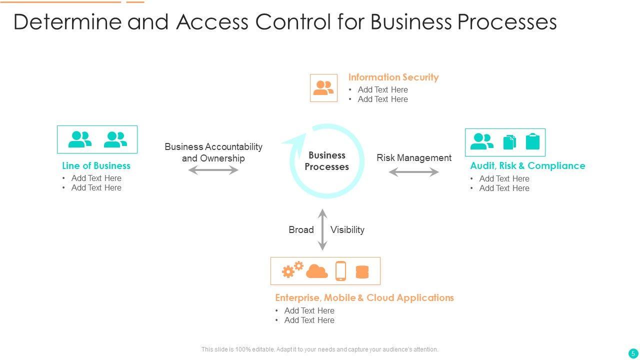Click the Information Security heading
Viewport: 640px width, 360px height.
(x=393, y=77)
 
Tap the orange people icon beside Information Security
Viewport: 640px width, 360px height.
(x=323, y=88)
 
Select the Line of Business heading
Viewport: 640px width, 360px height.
(x=96, y=166)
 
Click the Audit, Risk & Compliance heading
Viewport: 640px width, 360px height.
(x=527, y=166)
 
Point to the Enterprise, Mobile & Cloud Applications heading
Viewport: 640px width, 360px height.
(x=364, y=298)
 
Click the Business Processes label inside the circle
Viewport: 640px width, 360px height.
(x=327, y=161)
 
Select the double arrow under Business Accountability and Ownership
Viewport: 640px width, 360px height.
(x=213, y=170)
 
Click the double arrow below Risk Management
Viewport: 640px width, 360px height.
(x=414, y=172)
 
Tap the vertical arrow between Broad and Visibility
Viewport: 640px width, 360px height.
(x=323, y=229)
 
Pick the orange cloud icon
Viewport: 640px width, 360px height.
(x=317, y=271)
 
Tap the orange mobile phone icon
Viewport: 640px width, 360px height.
(x=340, y=271)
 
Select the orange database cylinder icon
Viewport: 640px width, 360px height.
(x=362, y=272)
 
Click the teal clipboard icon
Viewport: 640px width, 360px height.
(x=533, y=142)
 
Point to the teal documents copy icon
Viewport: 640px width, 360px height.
(x=509, y=142)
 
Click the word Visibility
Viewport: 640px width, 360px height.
(x=347, y=230)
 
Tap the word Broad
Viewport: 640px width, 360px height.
(x=301, y=230)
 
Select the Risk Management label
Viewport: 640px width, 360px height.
(x=414, y=158)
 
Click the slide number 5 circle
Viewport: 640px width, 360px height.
(x=633, y=353)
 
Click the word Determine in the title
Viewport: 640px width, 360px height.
(x=67, y=22)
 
